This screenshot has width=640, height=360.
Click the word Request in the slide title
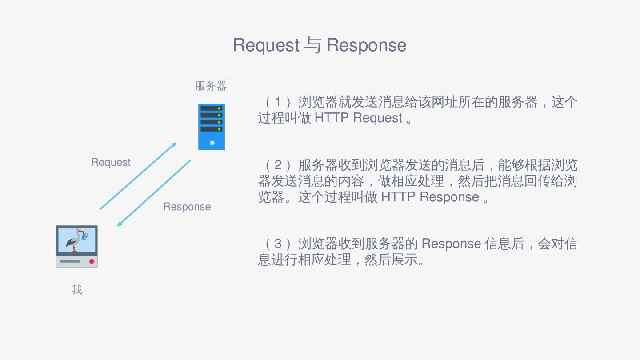coord(266,45)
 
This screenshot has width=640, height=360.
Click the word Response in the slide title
coord(366,45)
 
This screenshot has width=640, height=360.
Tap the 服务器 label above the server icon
coord(211,86)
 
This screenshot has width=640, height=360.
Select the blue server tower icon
coord(212,127)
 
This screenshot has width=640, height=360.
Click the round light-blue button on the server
coord(212,143)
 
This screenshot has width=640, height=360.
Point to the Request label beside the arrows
coord(111,162)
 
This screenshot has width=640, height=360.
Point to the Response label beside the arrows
coord(187,207)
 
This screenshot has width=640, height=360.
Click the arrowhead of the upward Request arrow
coord(174,144)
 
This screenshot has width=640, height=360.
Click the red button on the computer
coord(92,261)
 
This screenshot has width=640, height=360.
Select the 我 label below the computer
coord(77,290)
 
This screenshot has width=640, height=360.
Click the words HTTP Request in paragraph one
coord(358,118)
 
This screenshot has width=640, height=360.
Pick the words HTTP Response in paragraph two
coord(430,197)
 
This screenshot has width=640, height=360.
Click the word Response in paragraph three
coord(451,244)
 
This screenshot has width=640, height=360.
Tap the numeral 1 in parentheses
coord(278,102)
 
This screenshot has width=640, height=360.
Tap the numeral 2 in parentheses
coord(278,165)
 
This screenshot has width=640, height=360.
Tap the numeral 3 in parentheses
coord(278,244)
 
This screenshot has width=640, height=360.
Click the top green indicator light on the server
coord(219,108)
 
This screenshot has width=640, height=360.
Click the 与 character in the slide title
coord(313,45)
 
